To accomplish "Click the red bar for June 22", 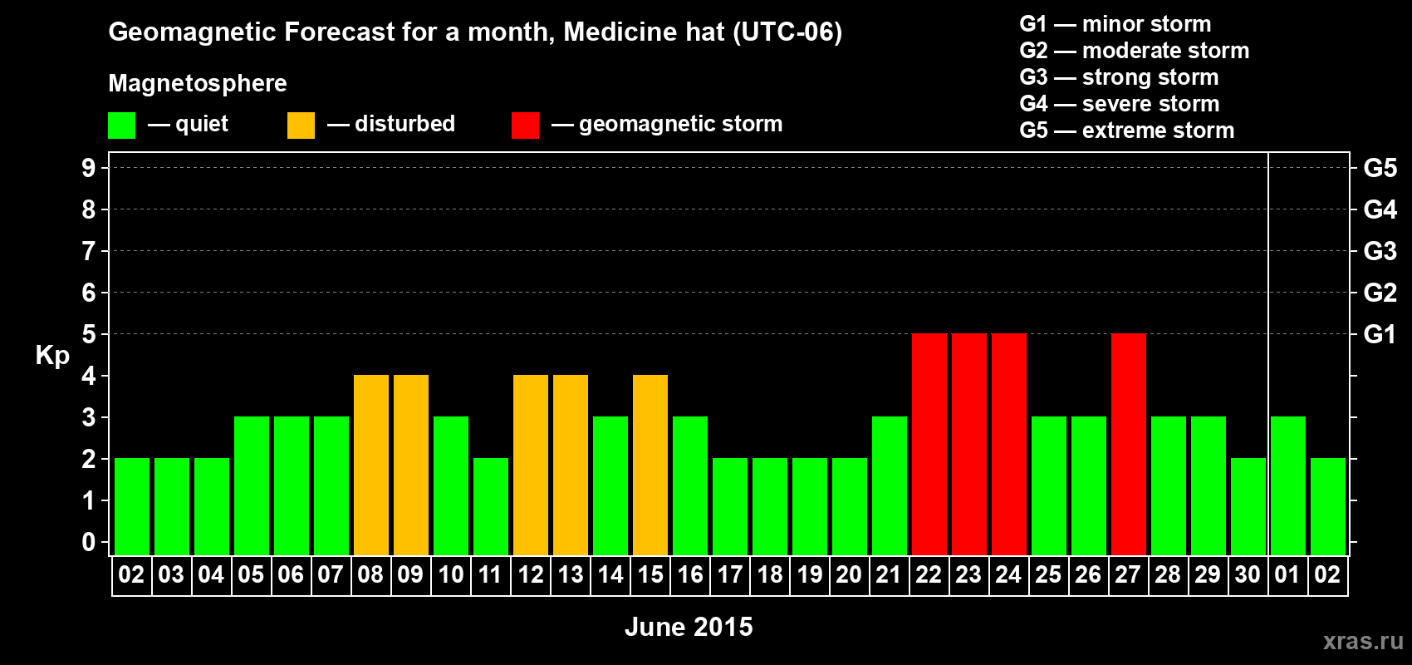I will (x=929, y=444).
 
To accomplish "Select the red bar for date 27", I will (x=1128, y=444).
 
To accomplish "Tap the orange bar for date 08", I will (x=370, y=465).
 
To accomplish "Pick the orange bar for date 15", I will (x=650, y=465).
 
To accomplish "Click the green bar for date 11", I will (x=490, y=506).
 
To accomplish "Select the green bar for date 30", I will (x=1248, y=506).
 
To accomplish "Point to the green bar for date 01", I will (x=1287, y=485).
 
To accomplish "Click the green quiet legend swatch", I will (x=121, y=126).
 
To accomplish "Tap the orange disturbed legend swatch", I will (x=301, y=126).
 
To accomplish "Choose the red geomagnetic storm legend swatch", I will (x=525, y=126).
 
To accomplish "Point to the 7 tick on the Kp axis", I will (x=89, y=251).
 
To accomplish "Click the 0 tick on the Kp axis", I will (x=89, y=543).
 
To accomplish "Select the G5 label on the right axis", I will (x=1380, y=168).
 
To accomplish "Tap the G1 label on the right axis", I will (x=1380, y=334).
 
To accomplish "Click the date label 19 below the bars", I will (x=809, y=574).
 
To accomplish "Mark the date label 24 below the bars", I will (x=1008, y=574).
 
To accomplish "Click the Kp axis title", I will (x=52, y=355).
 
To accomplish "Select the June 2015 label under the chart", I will (x=689, y=627).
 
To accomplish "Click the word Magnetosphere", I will (x=198, y=83).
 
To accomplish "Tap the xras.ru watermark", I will (x=1363, y=641).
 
